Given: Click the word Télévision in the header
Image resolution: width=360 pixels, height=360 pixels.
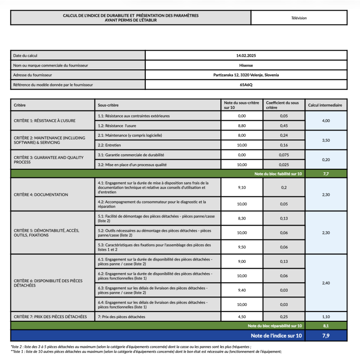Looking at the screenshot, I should (x=299, y=18).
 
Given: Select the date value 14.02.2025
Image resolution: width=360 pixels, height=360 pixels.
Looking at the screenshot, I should (x=246, y=55).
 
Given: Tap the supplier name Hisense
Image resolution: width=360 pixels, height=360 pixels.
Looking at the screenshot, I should (x=246, y=65).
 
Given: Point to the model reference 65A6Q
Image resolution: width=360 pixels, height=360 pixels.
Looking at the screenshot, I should (x=246, y=85).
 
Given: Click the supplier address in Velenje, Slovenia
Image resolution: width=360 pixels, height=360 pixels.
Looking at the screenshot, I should (x=246, y=75).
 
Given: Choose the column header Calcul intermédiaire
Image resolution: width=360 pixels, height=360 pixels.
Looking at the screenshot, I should (x=325, y=105).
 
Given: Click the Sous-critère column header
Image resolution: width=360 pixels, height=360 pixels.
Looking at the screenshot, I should (x=108, y=105).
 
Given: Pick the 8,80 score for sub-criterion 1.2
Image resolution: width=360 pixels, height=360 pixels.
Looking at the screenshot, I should (x=242, y=126).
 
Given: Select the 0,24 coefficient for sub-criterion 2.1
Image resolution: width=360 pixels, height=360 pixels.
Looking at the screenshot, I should (x=284, y=135).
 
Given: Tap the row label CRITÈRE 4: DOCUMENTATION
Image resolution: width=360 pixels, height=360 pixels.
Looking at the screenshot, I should (x=41, y=195).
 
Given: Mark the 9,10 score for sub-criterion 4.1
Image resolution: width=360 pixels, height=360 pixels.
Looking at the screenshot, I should (x=242, y=188).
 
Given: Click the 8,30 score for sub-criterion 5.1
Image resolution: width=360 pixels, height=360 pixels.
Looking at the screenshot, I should (x=242, y=218).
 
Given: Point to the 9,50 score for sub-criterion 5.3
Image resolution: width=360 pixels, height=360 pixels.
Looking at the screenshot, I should (x=242, y=247).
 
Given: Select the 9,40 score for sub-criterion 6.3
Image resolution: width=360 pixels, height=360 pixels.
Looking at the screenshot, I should (x=242, y=290).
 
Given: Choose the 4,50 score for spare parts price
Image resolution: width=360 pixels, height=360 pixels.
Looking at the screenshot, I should (x=242, y=316).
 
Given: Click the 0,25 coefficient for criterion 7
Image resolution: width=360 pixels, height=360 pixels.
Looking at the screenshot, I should (x=284, y=316).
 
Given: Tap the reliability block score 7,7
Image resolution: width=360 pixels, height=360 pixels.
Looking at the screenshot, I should (x=326, y=173).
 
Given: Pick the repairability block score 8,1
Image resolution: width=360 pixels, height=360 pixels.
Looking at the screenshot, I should (x=326, y=325).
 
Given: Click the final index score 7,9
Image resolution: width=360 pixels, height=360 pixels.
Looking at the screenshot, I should (x=326, y=336).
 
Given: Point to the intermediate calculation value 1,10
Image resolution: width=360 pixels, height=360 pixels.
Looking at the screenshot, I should (x=326, y=316).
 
